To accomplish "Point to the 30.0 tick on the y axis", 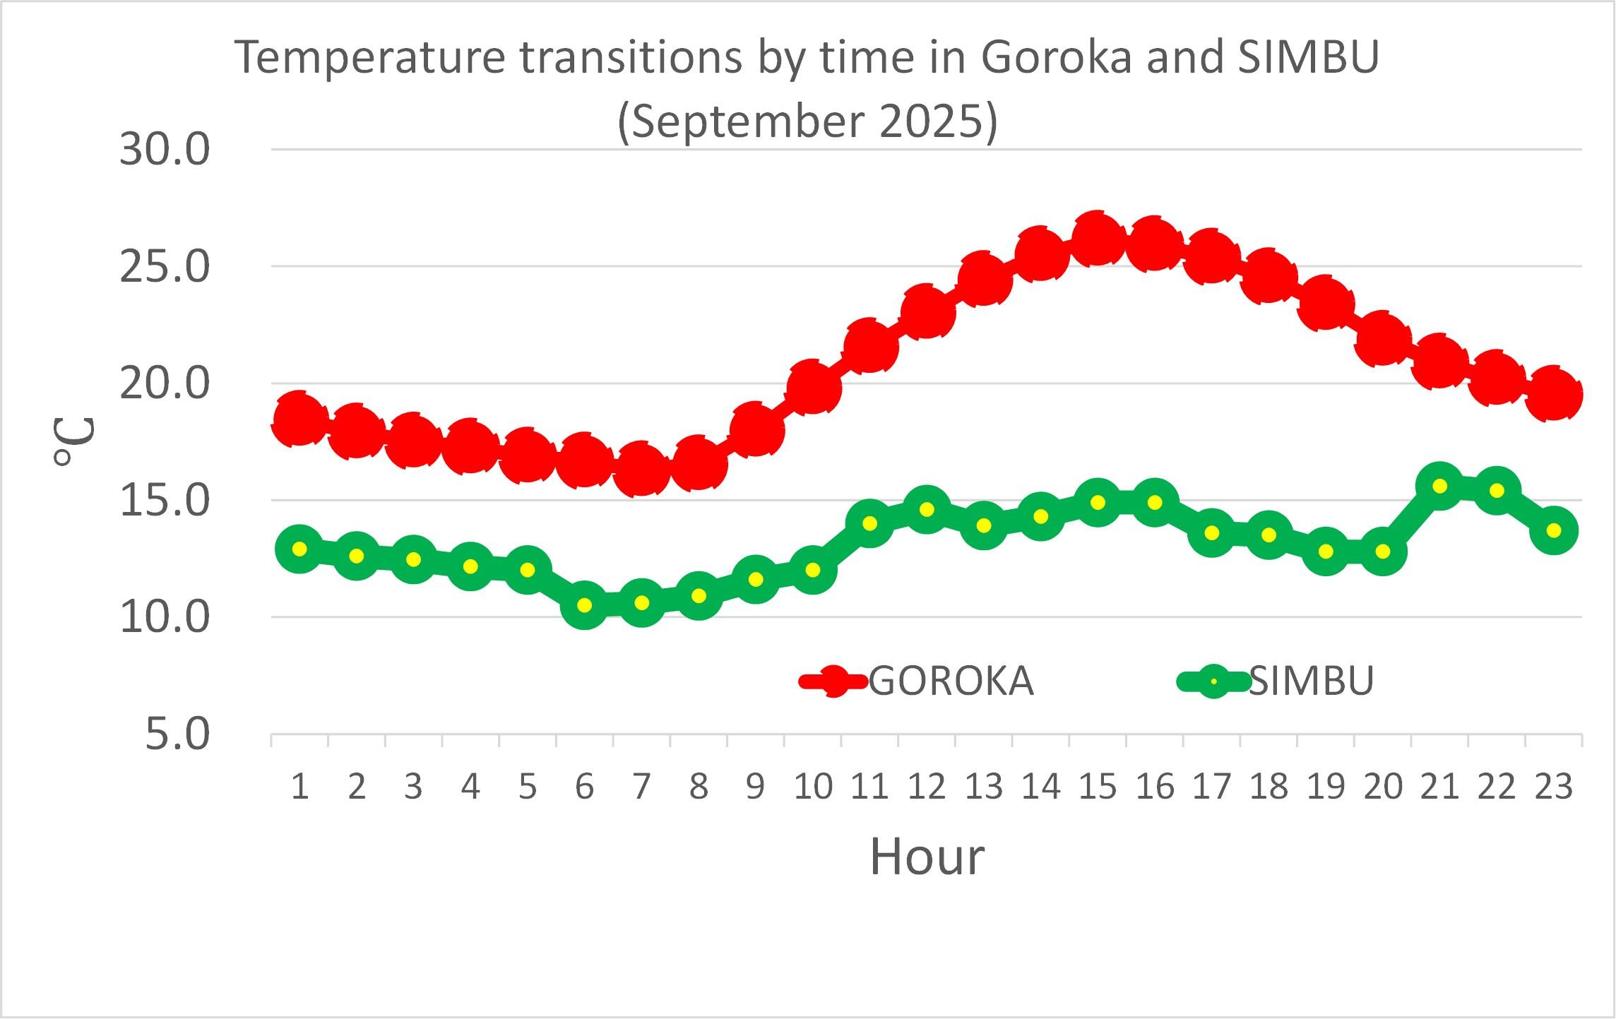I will tap(165, 150).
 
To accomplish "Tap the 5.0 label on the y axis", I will tap(178, 734).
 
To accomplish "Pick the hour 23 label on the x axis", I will tap(1553, 787).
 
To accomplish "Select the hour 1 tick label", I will tap(299, 787).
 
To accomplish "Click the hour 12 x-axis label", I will tap(926, 787).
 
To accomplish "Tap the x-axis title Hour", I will tap(926, 857).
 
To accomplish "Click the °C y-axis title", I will tap(73, 441).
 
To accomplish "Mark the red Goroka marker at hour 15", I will tap(1097, 239).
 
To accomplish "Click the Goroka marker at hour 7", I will tap(641, 468).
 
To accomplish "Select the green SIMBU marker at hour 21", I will tap(1439, 486).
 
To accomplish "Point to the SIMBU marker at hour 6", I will tap(584, 605).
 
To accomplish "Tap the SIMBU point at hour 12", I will tap(926, 510).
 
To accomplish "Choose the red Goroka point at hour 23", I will tap(1553, 394).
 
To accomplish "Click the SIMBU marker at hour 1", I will tap(299, 549).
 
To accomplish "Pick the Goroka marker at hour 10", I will tap(812, 387).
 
